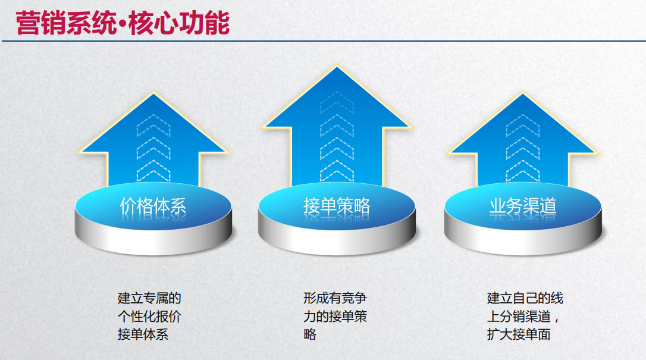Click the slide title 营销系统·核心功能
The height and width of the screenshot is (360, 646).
coord(123,23)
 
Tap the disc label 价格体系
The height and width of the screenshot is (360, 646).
coord(153,206)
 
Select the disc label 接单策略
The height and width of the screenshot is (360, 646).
coord(337,206)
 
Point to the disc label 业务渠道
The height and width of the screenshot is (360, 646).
coord(523,206)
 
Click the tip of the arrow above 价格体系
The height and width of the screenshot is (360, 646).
coord(153,93)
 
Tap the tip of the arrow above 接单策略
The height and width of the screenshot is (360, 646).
coord(337,66)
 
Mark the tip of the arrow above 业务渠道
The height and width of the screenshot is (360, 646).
coord(523,93)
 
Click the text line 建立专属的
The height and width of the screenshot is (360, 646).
coord(149,298)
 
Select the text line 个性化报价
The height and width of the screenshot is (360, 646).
coord(149,316)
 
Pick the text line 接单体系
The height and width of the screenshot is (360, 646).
coord(143,334)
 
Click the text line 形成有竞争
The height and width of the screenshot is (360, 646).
coord(335,298)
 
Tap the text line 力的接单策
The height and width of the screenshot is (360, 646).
coord(335,316)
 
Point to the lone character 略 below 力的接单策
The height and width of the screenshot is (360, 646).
coord(310,334)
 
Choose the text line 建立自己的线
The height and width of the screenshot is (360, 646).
coord(525,298)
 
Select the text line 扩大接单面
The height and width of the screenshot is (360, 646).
coord(519,334)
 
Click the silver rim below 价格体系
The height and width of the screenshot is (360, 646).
coord(153,239)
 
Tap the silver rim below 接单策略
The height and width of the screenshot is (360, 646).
coord(337,239)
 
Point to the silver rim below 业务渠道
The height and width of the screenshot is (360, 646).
coord(523,239)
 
